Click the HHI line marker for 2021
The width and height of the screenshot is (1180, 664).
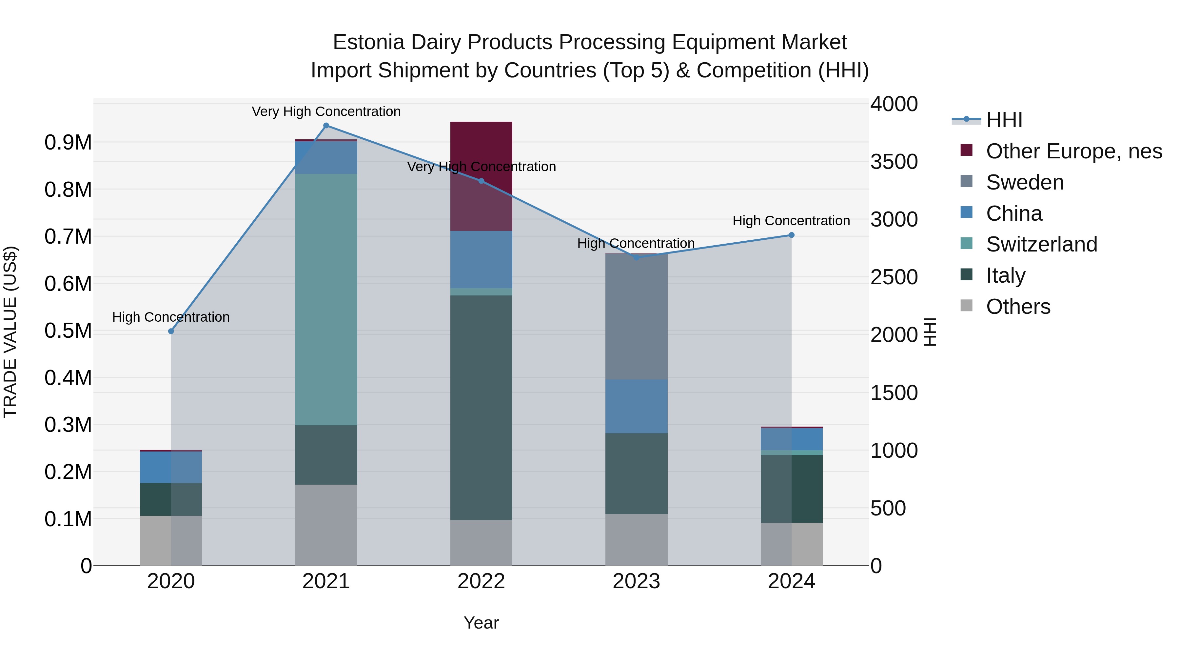pos(326,126)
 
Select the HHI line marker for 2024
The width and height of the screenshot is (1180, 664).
pos(791,235)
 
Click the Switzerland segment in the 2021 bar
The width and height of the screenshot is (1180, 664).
pos(326,299)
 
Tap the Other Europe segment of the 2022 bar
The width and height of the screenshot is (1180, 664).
pos(481,176)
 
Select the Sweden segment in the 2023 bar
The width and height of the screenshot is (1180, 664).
pos(636,316)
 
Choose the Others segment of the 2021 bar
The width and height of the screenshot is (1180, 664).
pos(326,525)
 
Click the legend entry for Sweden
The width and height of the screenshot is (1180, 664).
pos(1025,182)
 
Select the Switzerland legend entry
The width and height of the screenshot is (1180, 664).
pos(1041,244)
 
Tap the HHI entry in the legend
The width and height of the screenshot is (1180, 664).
pos(1004,120)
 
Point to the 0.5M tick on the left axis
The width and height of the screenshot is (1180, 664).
pos(68,331)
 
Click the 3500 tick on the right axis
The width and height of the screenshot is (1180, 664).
pos(894,162)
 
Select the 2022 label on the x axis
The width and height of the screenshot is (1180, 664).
pos(481,581)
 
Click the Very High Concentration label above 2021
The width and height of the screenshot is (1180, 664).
pos(326,111)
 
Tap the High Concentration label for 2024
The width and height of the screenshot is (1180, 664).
pos(791,220)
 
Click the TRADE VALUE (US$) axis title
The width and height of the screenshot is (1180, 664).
pos(10,332)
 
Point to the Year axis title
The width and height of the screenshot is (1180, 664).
pos(481,623)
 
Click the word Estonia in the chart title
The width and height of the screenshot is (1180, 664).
pos(368,42)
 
